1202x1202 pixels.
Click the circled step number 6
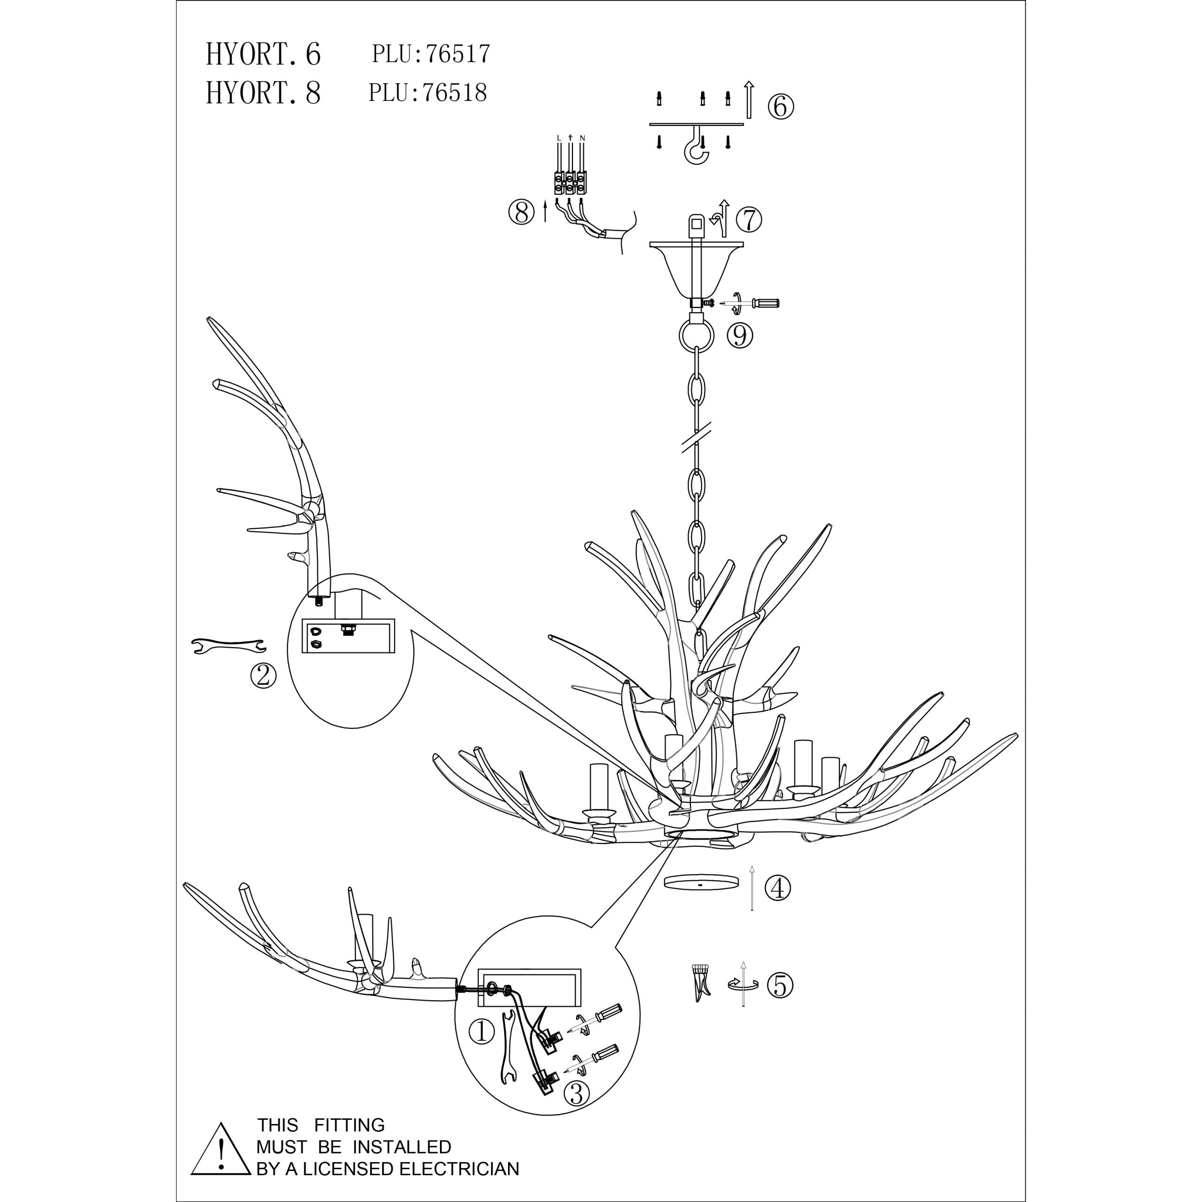click(780, 107)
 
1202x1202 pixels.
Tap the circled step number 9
click(740, 336)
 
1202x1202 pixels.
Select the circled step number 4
click(778, 888)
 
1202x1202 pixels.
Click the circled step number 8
click(521, 213)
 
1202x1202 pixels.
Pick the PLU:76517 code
click(431, 54)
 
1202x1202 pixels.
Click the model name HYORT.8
click(263, 93)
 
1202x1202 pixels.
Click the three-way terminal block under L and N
click(569, 184)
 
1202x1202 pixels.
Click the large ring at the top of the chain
click(695, 337)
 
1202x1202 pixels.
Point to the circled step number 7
click(749, 220)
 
